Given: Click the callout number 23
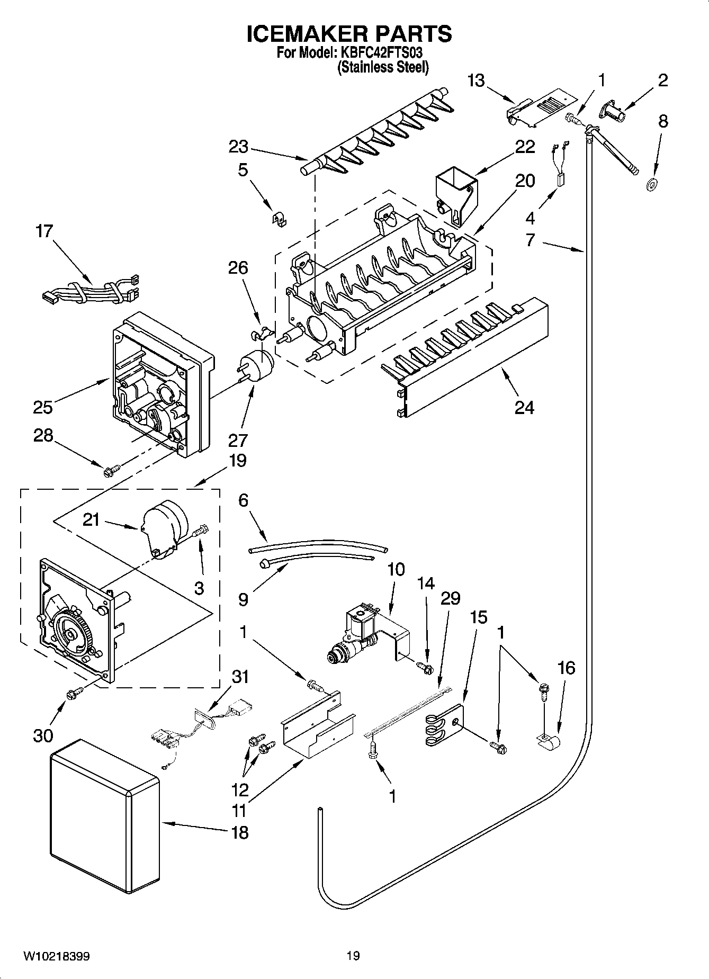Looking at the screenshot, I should (x=239, y=147).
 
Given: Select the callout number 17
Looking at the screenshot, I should (x=44, y=231).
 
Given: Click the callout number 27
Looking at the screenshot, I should (x=239, y=441).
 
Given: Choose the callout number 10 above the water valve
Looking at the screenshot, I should (x=396, y=570).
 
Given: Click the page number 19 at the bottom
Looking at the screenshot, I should (x=353, y=956).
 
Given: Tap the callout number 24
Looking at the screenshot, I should (x=524, y=407).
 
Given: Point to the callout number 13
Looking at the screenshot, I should (x=476, y=81).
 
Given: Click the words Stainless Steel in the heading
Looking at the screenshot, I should (x=383, y=67).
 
